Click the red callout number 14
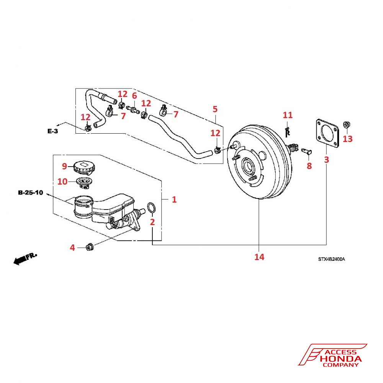[259, 257]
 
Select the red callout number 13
[347, 138]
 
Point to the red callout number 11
[287, 115]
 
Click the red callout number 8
[309, 166]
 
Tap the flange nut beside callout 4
[89, 247]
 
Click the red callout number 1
[174, 200]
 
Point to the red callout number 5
[215, 109]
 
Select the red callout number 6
[134, 95]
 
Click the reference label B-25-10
[30, 192]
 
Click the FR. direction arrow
[25, 259]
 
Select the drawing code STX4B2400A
[331, 259]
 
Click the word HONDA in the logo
[341, 359]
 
